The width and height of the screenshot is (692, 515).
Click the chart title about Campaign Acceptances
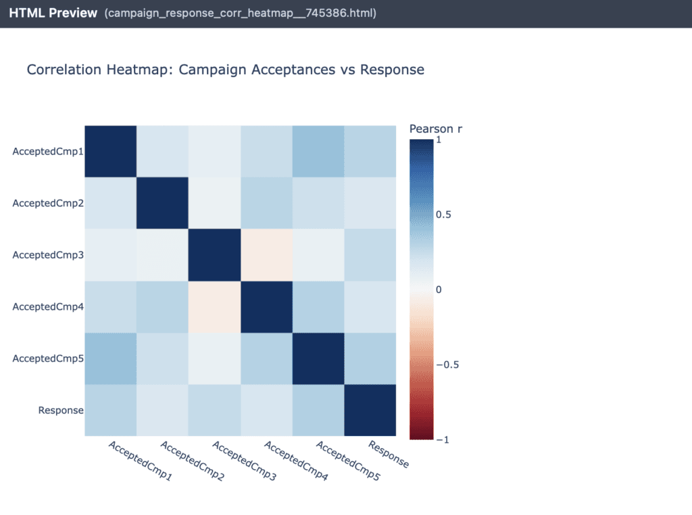[225, 70]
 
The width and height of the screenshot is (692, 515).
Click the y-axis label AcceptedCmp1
[48, 151]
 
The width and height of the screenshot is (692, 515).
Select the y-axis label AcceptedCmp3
[48, 255]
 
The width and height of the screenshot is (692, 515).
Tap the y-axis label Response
[61, 410]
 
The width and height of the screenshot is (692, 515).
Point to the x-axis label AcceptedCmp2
[192, 461]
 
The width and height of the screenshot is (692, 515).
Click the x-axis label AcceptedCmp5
[348, 461]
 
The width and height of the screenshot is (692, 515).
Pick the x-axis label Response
[389, 454]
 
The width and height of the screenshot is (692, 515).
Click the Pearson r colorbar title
[436, 129]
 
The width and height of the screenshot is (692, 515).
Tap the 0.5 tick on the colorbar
[443, 215]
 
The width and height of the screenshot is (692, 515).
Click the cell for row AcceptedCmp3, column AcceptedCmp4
[266, 255]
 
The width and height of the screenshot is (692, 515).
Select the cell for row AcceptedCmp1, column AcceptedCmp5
[318, 151]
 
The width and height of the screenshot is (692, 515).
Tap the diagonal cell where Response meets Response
[370, 410]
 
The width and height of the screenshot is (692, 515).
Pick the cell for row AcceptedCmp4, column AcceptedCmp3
[214, 307]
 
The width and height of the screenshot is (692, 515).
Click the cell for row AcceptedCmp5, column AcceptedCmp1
[110, 358]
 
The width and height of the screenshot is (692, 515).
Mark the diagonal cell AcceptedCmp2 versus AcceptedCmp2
[162, 203]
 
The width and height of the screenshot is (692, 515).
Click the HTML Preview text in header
[53, 13]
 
